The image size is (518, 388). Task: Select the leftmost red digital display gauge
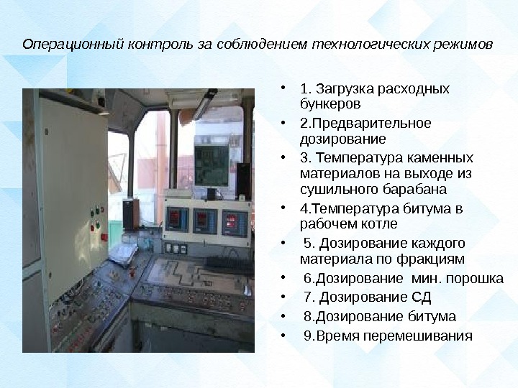176,216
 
